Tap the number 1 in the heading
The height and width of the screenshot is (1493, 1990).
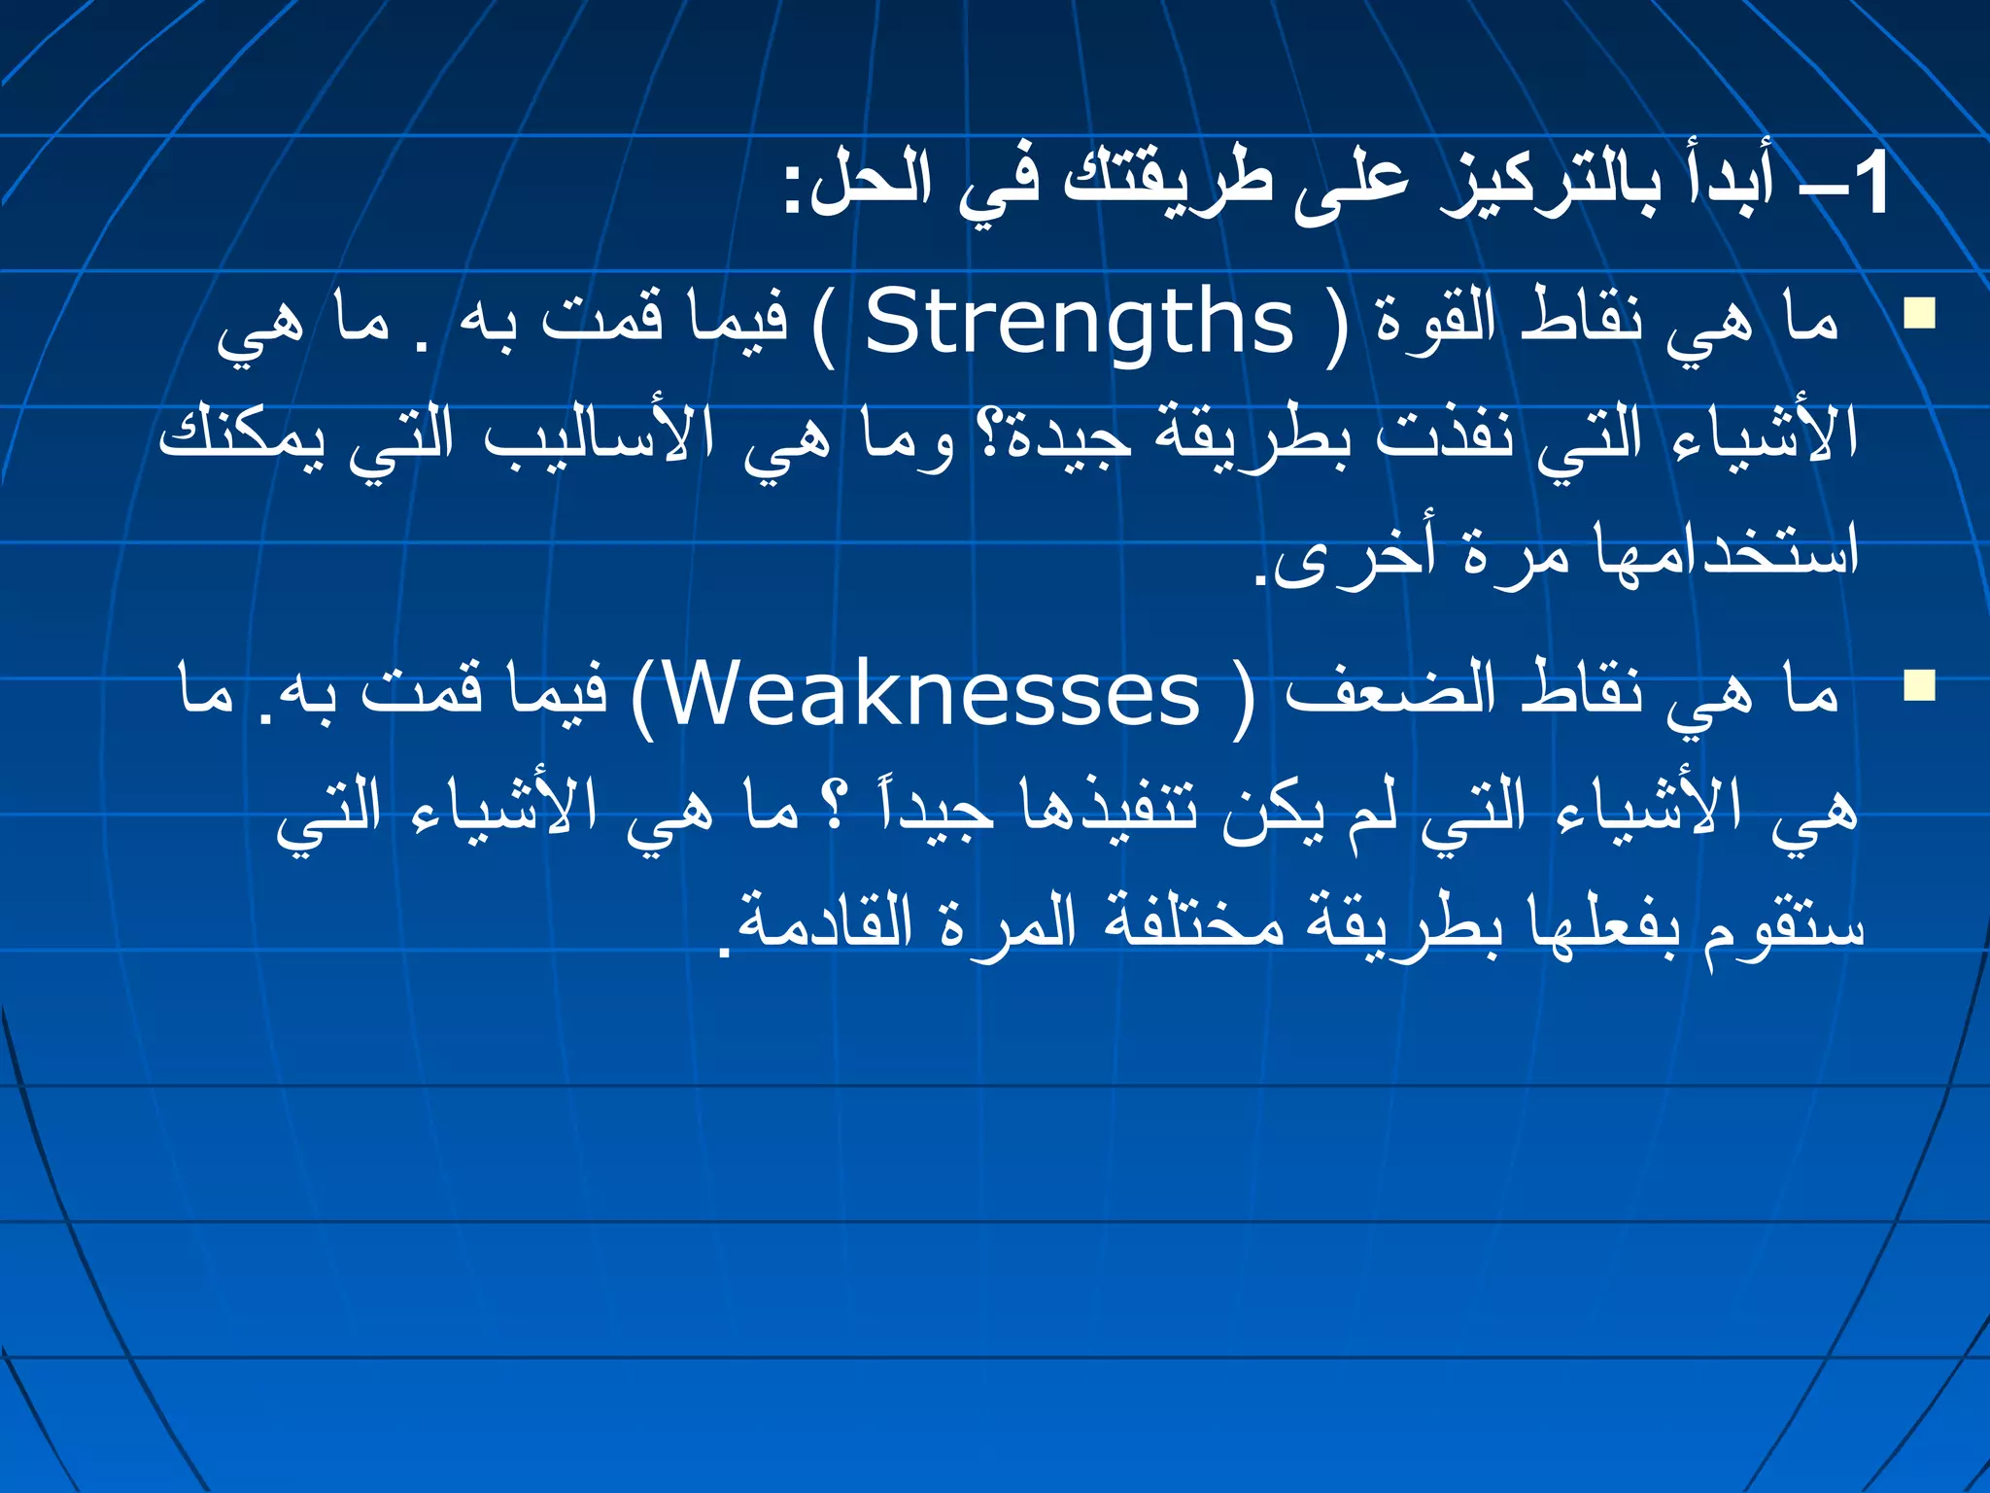pyautogui.click(x=1868, y=185)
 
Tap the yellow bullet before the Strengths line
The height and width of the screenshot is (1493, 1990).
pyautogui.click(x=1919, y=314)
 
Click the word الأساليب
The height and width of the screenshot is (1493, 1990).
pyautogui.click(x=598, y=437)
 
